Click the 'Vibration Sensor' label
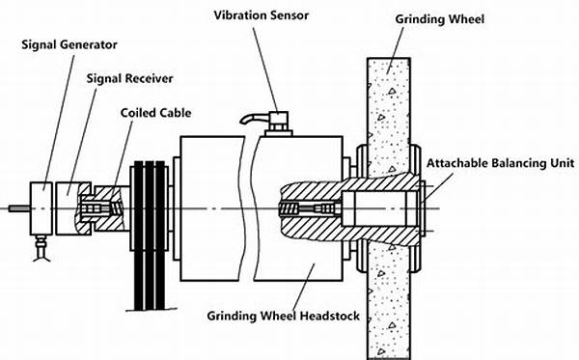262,15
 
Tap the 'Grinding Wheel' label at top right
439,19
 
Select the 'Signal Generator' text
69,44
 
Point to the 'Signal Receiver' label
129,78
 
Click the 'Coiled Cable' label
155,113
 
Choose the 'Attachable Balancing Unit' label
500,163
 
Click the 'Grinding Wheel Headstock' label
283,316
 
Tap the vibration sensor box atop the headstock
278,121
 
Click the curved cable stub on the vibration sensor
255,118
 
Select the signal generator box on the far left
41,208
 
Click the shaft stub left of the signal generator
19,208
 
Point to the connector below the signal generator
41,247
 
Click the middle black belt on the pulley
150,235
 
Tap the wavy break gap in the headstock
249,208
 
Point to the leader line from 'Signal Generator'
58,123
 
